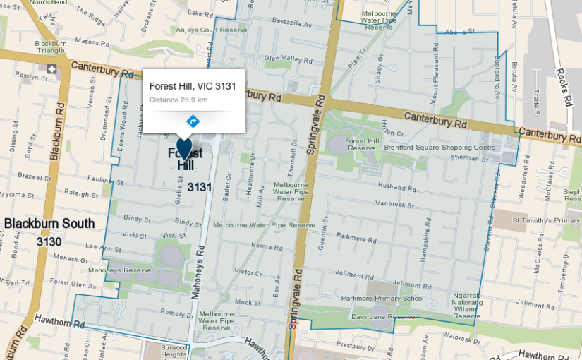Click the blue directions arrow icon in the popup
(x=193, y=121)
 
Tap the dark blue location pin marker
(x=183, y=148)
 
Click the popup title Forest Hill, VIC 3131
(x=193, y=86)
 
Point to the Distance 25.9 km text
(x=178, y=100)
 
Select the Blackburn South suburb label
(x=49, y=224)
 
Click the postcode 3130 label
(x=49, y=242)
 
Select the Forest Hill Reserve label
(x=360, y=145)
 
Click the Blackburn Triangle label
(x=51, y=47)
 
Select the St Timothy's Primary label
(x=546, y=221)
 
